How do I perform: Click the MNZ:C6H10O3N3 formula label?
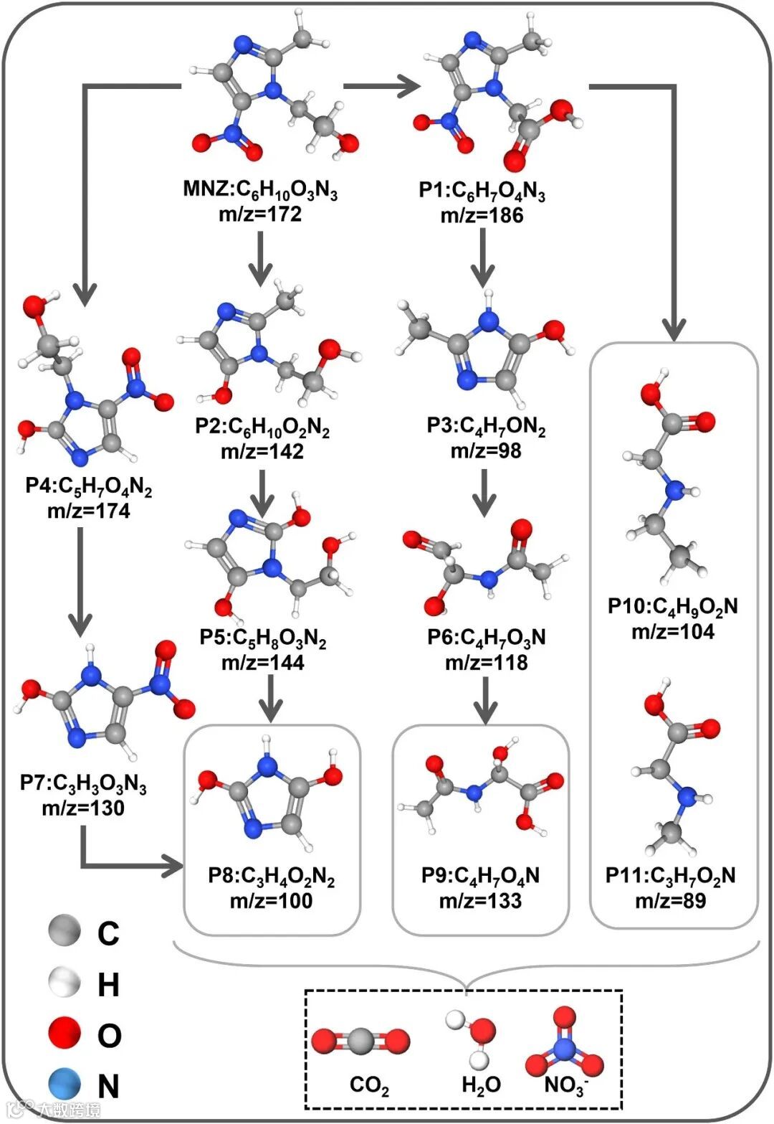(x=260, y=191)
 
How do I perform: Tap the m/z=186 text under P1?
(x=482, y=215)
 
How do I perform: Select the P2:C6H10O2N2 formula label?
(x=262, y=428)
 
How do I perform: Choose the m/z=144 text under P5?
(x=262, y=662)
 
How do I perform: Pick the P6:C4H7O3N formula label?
(x=486, y=637)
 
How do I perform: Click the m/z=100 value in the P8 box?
(x=271, y=900)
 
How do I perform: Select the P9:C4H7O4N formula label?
(x=481, y=876)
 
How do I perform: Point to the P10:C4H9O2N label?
(x=672, y=607)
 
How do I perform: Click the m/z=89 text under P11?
(x=671, y=900)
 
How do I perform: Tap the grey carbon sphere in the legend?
(x=65, y=932)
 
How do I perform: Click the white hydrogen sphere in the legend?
(x=65, y=983)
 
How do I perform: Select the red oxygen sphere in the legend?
(x=65, y=1034)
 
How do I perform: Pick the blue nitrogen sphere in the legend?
(x=65, y=1084)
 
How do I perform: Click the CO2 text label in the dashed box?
(x=369, y=1085)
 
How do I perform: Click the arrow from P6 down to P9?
(x=485, y=699)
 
